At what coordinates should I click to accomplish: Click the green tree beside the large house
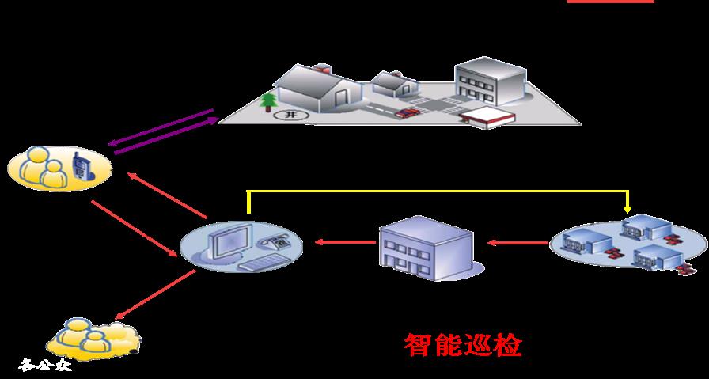(x=267, y=104)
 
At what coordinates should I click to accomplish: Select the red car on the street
(x=407, y=112)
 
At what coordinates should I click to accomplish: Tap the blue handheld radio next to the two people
(x=80, y=166)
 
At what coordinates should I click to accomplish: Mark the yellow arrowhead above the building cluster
(x=627, y=209)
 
